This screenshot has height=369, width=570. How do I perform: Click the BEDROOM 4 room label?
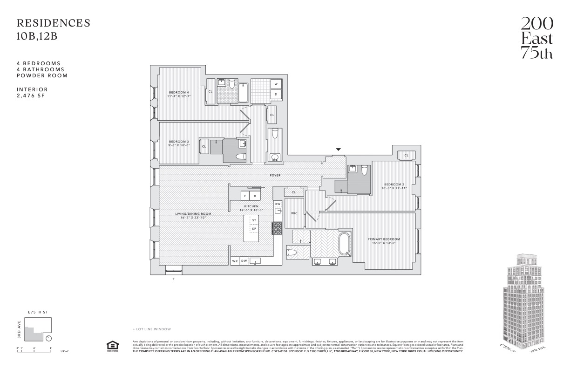(x=179, y=92)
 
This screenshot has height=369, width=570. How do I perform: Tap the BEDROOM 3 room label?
(x=179, y=141)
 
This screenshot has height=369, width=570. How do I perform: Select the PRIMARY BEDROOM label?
(x=384, y=239)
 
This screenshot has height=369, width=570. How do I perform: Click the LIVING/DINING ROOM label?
(x=190, y=214)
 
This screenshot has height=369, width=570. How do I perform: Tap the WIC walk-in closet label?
(x=294, y=213)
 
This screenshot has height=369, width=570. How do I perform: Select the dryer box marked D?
(x=276, y=94)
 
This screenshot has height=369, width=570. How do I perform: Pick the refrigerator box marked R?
(x=255, y=196)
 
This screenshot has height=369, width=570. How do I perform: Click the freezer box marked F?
(x=245, y=196)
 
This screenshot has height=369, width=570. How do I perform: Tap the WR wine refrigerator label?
(x=235, y=261)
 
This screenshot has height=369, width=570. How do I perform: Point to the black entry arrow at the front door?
(x=339, y=150)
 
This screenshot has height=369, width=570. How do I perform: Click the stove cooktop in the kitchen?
(x=278, y=228)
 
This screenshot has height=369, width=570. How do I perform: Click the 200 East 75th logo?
(x=536, y=38)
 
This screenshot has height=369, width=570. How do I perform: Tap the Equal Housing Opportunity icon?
(x=112, y=346)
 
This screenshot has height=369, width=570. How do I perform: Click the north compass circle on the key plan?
(x=49, y=338)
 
